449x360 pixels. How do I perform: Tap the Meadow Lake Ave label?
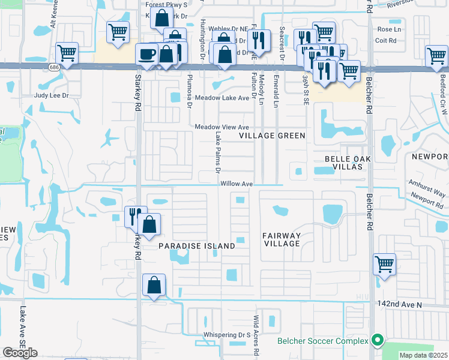(x=221, y=98)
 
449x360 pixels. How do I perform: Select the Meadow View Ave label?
(x=221, y=127)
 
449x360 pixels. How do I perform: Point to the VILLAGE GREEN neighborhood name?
(x=272, y=136)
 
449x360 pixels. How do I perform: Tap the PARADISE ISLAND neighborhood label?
(x=196, y=247)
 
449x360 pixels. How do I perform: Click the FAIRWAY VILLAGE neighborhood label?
(x=282, y=239)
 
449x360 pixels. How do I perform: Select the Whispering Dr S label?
(x=226, y=335)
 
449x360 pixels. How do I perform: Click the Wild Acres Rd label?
(x=255, y=336)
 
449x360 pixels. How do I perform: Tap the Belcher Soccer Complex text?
(x=322, y=341)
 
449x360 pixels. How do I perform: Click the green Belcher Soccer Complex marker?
(x=377, y=341)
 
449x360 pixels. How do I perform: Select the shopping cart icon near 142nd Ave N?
(x=384, y=264)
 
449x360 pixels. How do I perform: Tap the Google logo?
(x=20, y=352)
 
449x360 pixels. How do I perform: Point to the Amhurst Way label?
(x=427, y=188)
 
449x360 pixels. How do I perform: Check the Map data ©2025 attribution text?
(x=423, y=355)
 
